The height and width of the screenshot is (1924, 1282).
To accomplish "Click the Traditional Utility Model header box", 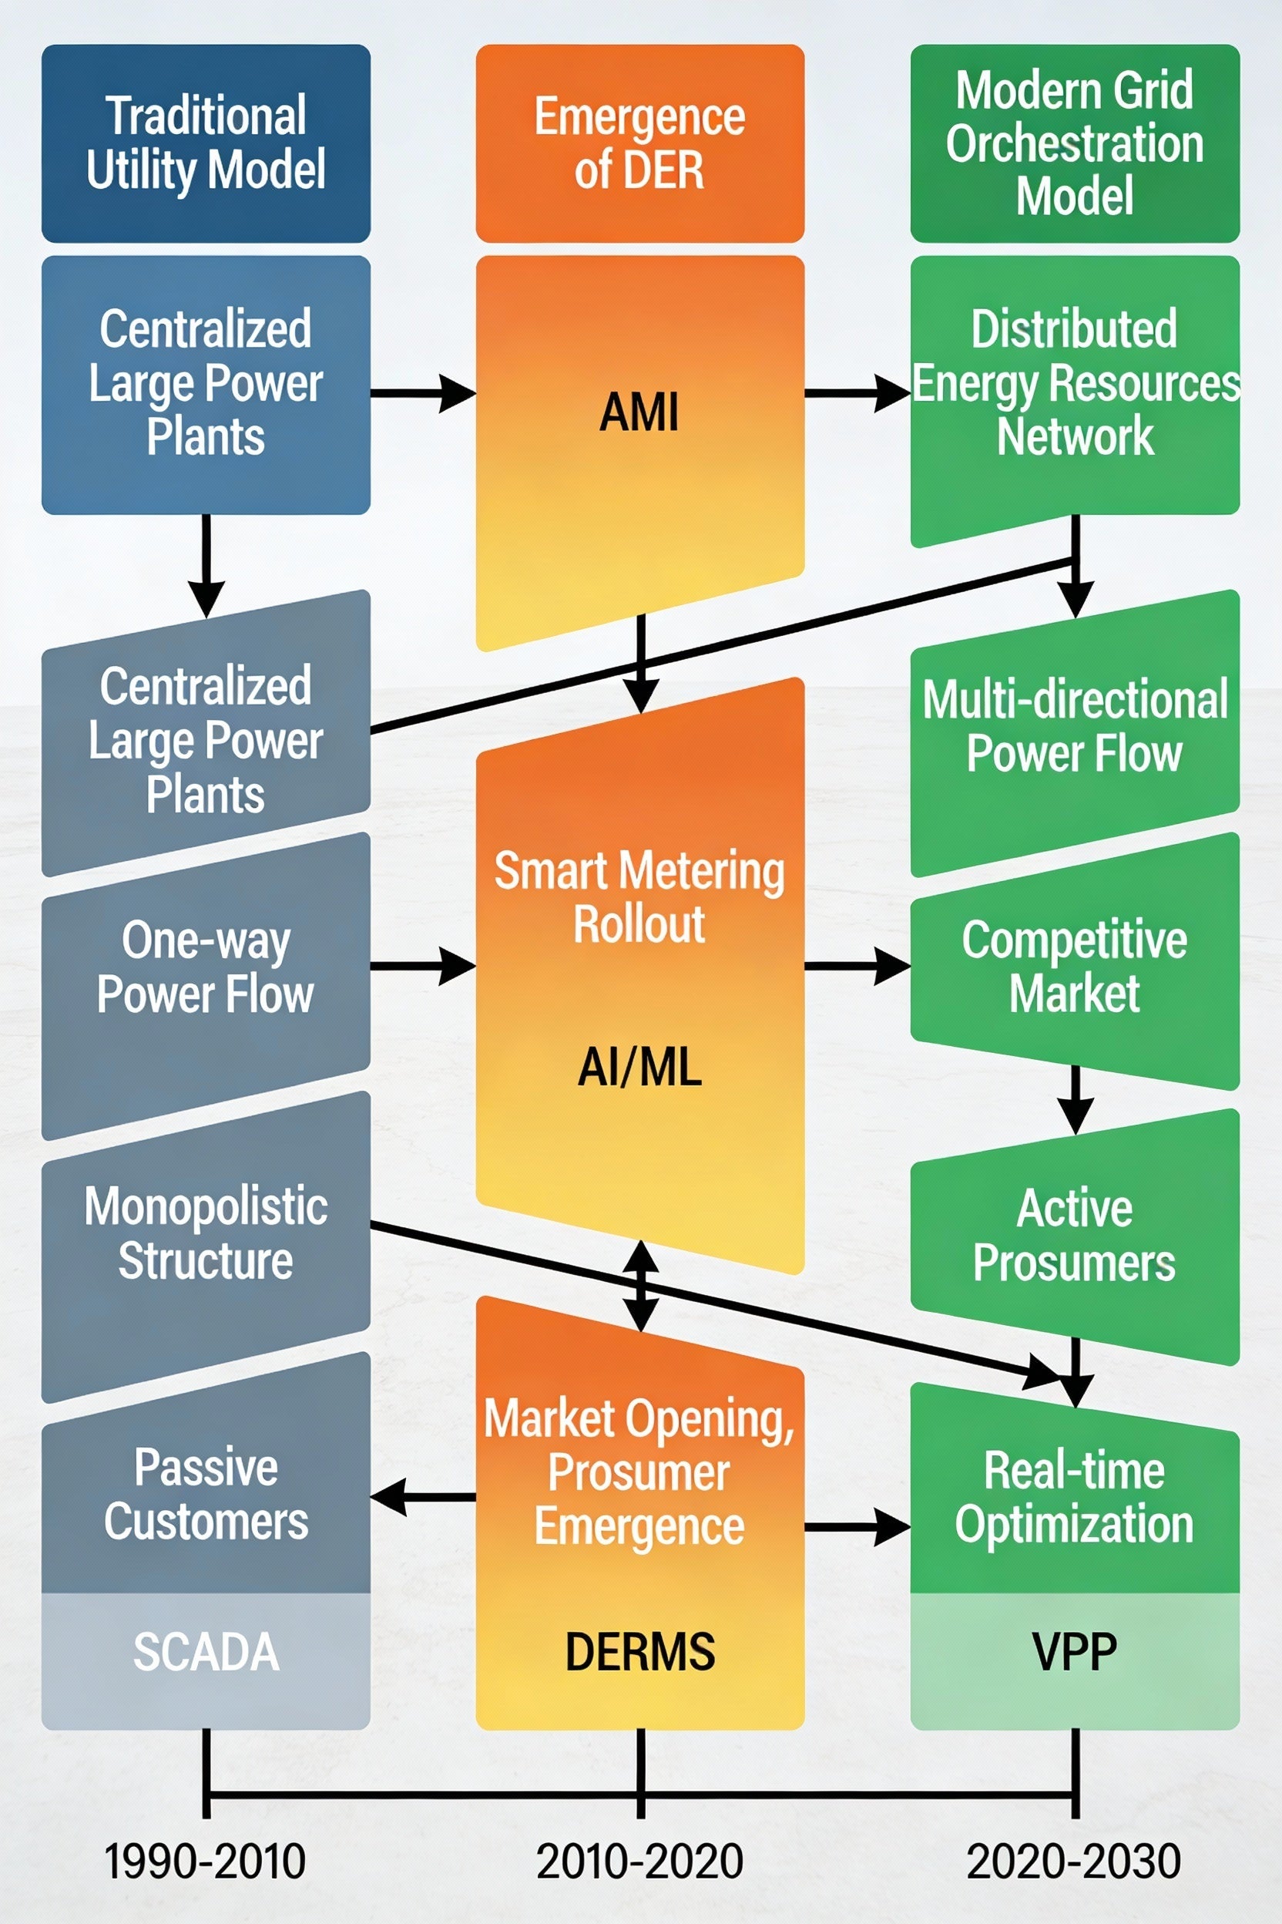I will point(206,143).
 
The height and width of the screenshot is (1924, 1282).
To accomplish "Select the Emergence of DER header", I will point(639,143).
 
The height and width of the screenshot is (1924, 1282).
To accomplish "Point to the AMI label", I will point(639,412).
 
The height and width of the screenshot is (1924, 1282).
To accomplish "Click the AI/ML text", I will point(639,1068).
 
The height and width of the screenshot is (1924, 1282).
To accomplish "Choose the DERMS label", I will point(639,1651).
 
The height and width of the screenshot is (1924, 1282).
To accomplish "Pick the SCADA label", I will point(206,1651).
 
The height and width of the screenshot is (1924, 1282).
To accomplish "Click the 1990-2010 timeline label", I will point(206,1861).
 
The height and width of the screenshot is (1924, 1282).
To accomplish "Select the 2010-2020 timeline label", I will point(639,1861).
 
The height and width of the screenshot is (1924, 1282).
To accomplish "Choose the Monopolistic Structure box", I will point(206,1233).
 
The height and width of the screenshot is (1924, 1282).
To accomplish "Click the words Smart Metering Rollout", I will point(639,897).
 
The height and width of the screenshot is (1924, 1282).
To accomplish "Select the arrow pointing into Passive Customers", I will point(421,1497).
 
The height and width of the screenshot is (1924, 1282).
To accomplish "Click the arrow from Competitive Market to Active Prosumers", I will point(1076,1098).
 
